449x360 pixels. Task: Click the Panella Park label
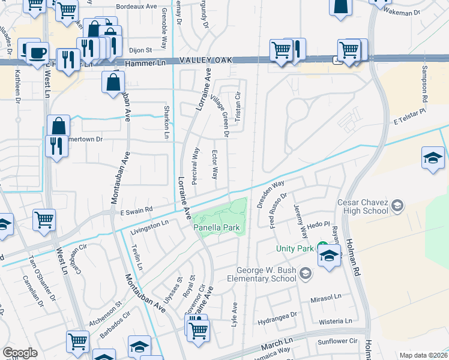[x=217, y=228]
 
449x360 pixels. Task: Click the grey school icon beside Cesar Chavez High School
[x=397, y=206]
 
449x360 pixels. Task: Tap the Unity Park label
[x=294, y=248]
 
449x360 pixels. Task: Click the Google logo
[x=20, y=353]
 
